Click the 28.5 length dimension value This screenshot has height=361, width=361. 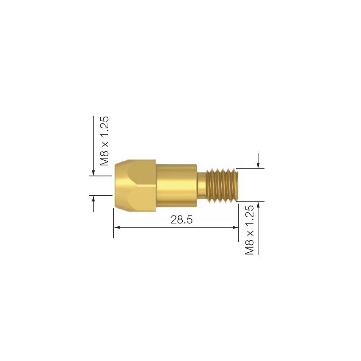(x=182, y=220)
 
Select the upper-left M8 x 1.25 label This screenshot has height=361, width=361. (x=104, y=141)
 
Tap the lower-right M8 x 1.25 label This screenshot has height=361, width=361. (x=249, y=230)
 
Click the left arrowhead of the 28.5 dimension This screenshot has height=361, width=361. (x=117, y=227)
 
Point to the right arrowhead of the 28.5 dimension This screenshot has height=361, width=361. (x=235, y=227)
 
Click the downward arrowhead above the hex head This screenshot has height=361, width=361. (x=93, y=173)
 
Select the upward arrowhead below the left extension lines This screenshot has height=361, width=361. (x=93, y=199)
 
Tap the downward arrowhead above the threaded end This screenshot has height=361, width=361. (x=258, y=165)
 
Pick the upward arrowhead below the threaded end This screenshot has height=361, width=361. (x=258, y=204)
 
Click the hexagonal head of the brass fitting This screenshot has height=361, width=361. (x=135, y=185)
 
